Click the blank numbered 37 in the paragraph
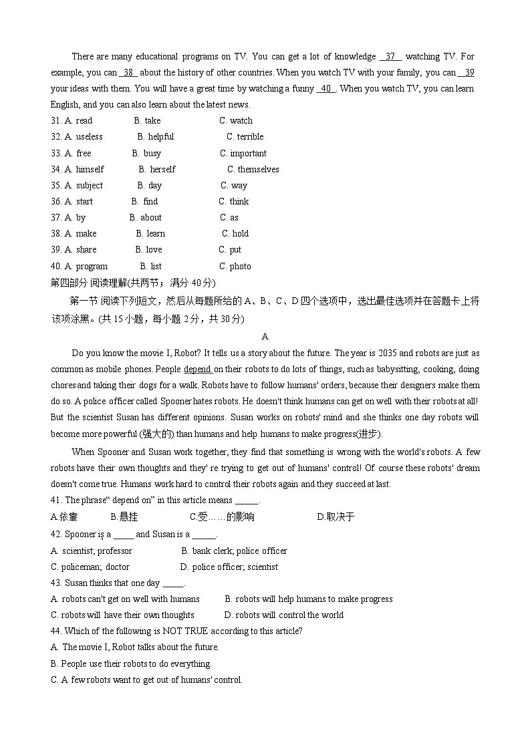pos(390,57)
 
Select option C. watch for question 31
pos(236,121)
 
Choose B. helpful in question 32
pos(156,137)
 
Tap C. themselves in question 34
pos(253,170)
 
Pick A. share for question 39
pos(80,250)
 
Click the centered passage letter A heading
pos(265,337)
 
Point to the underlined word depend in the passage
pos(197,369)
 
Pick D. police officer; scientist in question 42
pos(229,567)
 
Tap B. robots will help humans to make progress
pos(309,599)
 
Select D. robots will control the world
pos(284,615)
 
